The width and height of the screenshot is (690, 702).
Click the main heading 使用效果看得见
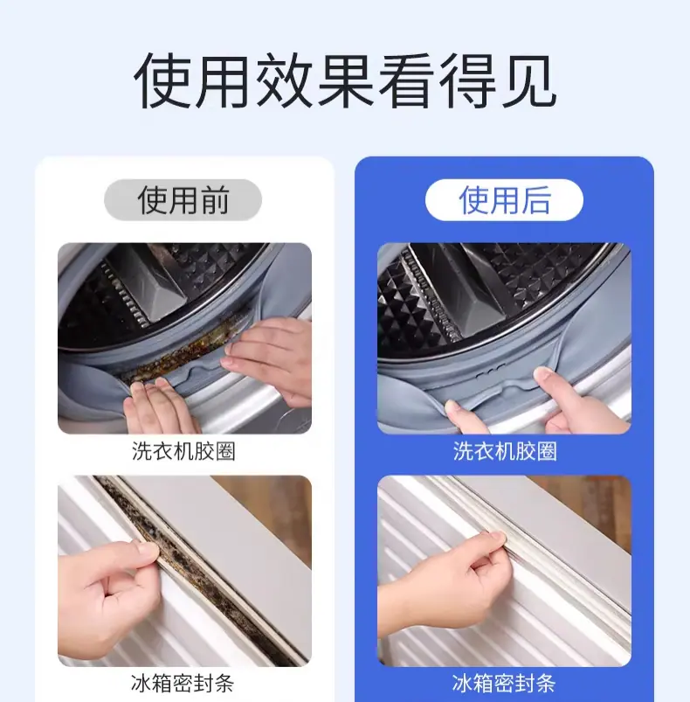pos(345,81)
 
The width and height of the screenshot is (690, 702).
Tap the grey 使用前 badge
pos(183,199)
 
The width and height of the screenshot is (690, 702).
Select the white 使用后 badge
pos(504,199)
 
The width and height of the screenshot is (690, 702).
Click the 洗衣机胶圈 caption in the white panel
pos(183,451)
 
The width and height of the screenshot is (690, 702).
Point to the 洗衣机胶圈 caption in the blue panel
pos(505,451)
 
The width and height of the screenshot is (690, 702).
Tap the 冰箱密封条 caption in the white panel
pos(183,683)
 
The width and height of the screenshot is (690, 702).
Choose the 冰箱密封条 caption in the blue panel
pos(504,683)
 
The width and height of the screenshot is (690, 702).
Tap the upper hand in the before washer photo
pos(268,354)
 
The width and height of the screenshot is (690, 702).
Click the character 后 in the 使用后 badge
pos(535,200)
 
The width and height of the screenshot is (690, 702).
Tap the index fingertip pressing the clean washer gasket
pos(543,374)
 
